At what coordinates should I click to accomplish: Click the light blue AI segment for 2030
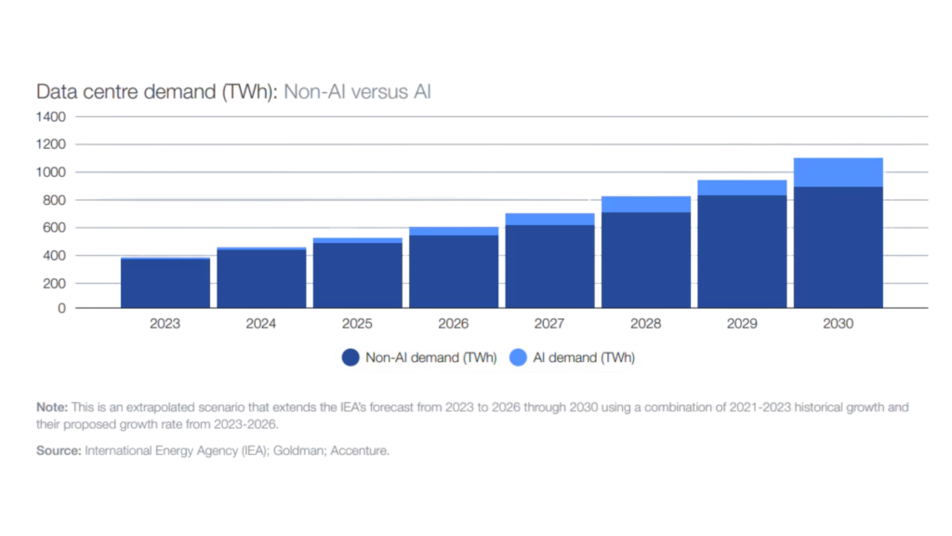click(838, 172)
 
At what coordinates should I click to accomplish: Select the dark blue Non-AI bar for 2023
click(165, 283)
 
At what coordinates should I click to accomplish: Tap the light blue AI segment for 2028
click(646, 204)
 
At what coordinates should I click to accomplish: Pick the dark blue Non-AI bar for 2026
click(454, 271)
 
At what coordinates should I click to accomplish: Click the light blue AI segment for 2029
click(742, 187)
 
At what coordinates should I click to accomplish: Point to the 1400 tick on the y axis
click(51, 117)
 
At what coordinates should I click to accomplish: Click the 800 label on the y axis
click(54, 200)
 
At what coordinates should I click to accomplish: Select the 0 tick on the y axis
click(60, 308)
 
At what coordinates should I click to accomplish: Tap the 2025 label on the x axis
click(357, 325)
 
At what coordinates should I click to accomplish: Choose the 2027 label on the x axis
click(549, 325)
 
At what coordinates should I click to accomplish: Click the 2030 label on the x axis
click(838, 325)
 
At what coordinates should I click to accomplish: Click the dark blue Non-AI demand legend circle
click(350, 357)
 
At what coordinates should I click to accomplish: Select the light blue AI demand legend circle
click(518, 357)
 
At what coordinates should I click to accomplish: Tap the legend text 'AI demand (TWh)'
click(584, 357)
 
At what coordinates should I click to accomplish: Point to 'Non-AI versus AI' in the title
click(358, 92)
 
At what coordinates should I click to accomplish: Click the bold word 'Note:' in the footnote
click(51, 408)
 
